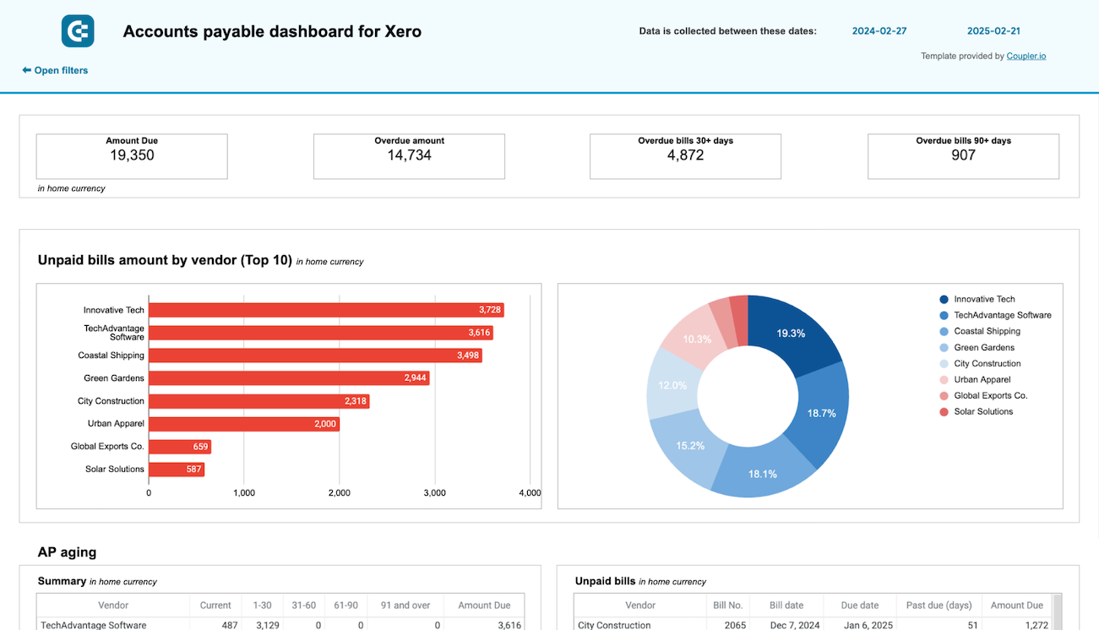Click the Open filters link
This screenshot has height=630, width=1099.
click(55, 70)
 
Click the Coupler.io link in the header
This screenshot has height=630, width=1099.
click(1026, 56)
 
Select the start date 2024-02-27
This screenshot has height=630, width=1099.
click(879, 31)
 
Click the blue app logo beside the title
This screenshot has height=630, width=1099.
click(78, 31)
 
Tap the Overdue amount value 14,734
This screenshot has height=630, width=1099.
click(409, 155)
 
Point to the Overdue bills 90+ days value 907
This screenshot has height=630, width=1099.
click(963, 155)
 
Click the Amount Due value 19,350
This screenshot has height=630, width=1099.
click(132, 155)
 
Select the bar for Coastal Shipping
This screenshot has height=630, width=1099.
click(314, 356)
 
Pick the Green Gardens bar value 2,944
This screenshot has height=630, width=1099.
click(415, 378)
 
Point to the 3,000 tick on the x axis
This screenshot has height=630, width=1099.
click(434, 492)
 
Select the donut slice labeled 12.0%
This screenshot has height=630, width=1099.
click(672, 385)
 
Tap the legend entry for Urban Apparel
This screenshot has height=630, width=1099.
click(982, 379)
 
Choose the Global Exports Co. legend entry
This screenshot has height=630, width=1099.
click(990, 395)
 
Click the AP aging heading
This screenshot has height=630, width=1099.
click(67, 552)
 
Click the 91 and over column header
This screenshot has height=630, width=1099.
click(405, 605)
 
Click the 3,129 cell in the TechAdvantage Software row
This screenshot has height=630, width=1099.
click(262, 625)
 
